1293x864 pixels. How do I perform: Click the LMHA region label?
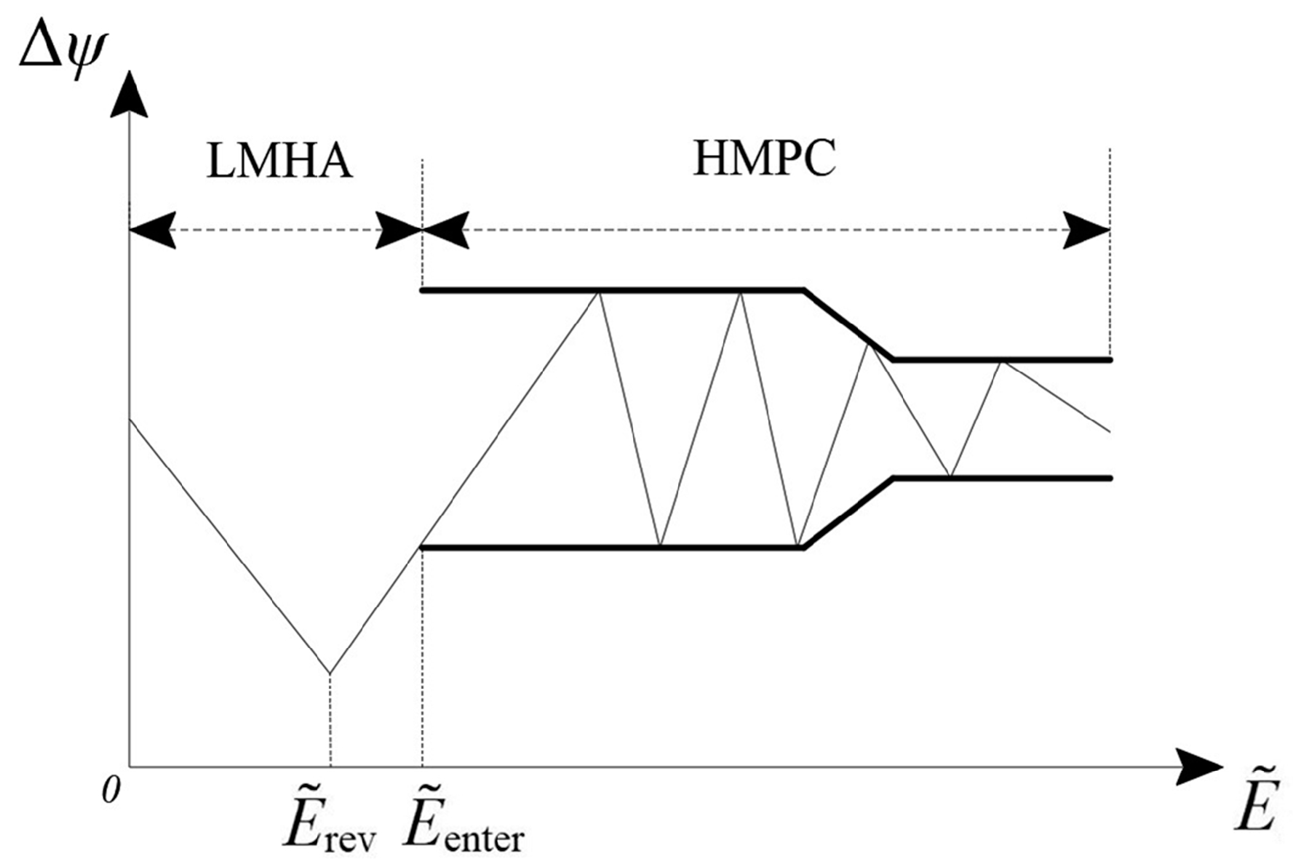click(279, 161)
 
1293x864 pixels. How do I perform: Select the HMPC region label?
click(764, 159)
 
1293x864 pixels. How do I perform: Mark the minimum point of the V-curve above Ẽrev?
click(330, 673)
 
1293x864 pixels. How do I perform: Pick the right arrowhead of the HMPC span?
click(1087, 231)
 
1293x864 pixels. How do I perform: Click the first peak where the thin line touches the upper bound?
click(598, 292)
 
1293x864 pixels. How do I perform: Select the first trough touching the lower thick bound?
click(659, 546)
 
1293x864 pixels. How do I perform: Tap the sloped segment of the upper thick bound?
click(848, 325)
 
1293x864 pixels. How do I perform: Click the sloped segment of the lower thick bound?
click(848, 513)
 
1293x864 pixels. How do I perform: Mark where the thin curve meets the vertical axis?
click(130, 420)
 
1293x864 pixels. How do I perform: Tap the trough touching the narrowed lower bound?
click(950, 476)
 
